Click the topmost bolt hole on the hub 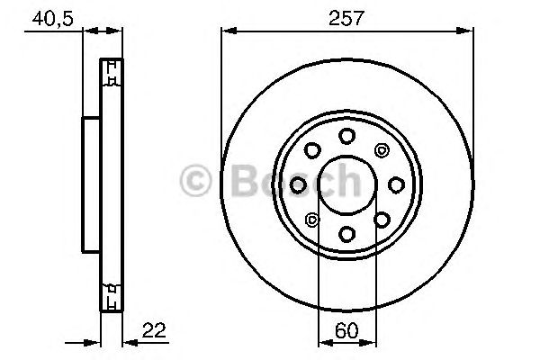(x=346, y=135)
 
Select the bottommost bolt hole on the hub (x=346, y=234)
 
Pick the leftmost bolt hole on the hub (x=298, y=184)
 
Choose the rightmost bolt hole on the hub (x=396, y=184)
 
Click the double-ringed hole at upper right (x=382, y=149)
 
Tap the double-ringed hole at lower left (x=312, y=220)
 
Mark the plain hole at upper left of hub (x=312, y=149)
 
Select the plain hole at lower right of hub (x=382, y=220)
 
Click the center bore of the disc (x=346, y=184)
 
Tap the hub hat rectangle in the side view (x=91, y=184)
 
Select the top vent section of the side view (x=111, y=75)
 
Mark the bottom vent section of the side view (x=111, y=295)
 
